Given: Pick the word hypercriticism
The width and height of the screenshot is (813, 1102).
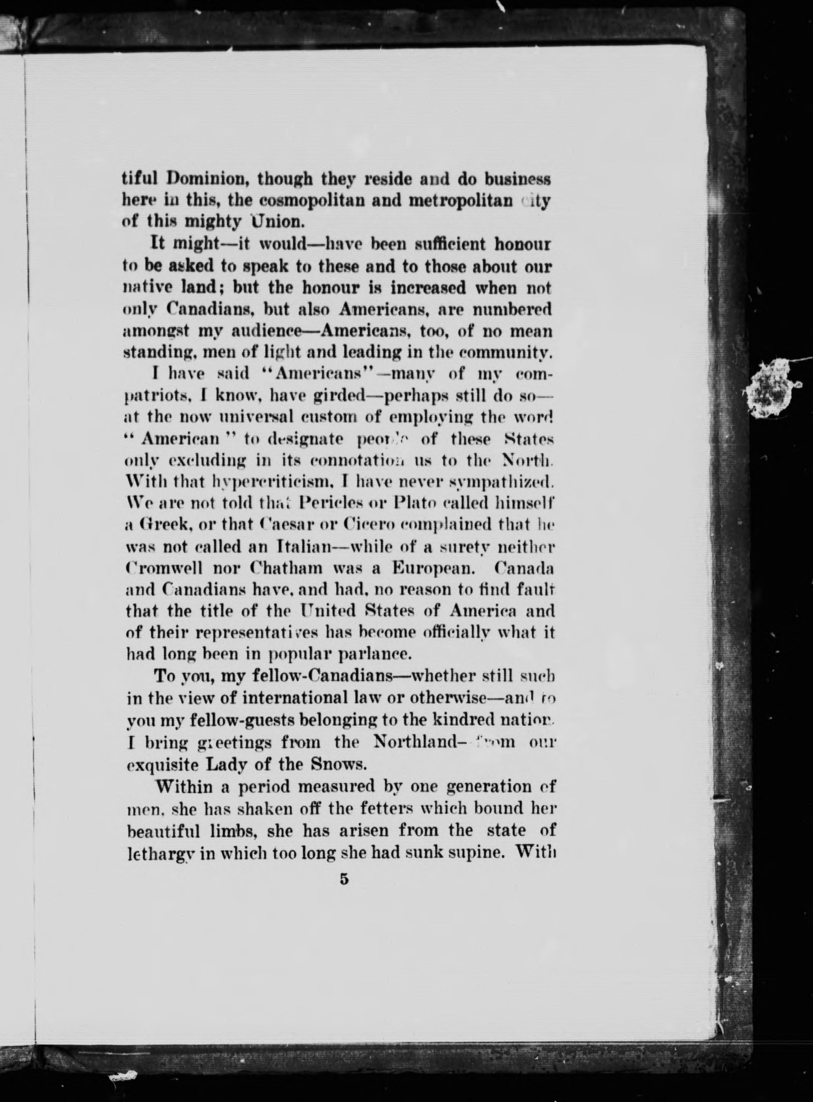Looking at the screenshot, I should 246,481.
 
